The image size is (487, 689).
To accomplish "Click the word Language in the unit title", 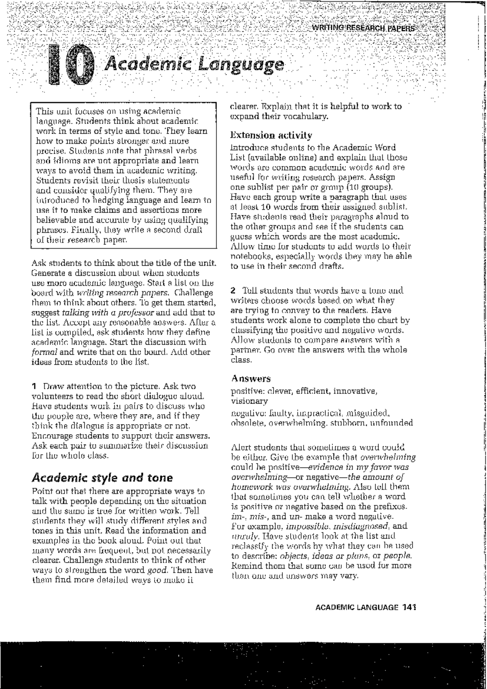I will click(x=242, y=65).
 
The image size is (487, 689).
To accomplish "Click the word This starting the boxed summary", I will click(x=44, y=110).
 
